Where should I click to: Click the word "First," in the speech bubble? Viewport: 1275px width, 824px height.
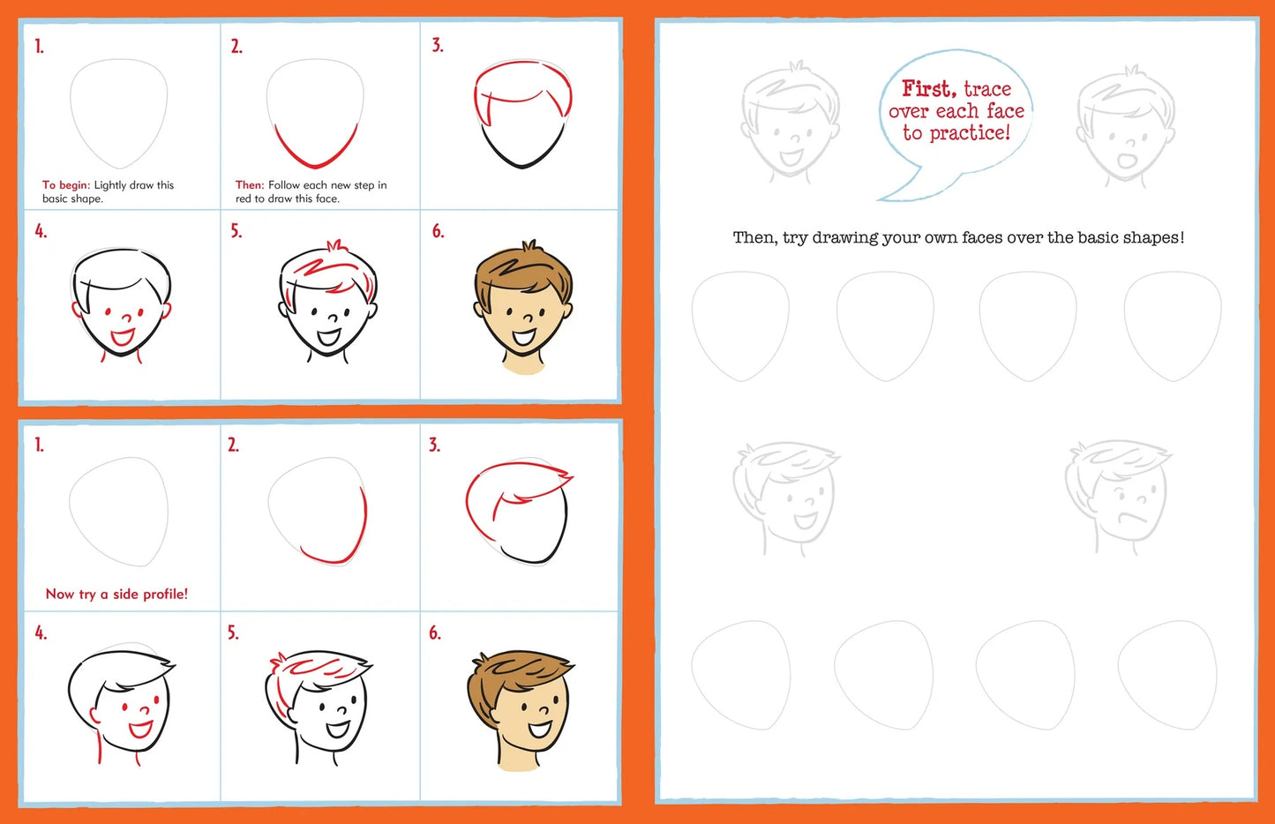pos(928,88)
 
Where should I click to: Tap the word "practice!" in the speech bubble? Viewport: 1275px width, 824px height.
pos(969,133)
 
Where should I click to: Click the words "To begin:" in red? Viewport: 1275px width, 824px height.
pos(66,185)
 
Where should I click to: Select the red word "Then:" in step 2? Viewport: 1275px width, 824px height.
pos(250,185)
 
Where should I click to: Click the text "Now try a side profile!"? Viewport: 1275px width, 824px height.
pos(116,594)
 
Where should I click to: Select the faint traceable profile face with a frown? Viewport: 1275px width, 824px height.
pos(1117,496)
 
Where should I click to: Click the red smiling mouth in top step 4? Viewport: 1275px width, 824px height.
pos(123,336)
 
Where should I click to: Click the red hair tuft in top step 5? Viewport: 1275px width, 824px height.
pos(334,246)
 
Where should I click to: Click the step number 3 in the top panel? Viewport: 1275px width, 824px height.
pos(438,45)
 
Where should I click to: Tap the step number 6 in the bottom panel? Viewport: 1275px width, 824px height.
pos(434,633)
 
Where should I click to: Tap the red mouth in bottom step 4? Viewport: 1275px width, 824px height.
pos(141,729)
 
